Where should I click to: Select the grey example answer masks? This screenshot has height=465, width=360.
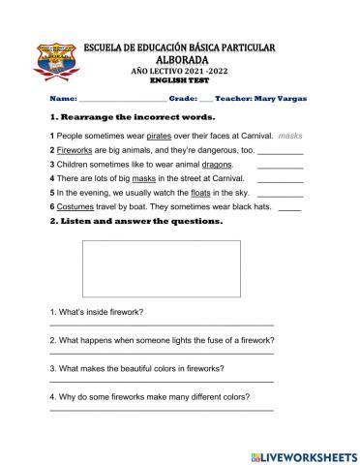[290, 138]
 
